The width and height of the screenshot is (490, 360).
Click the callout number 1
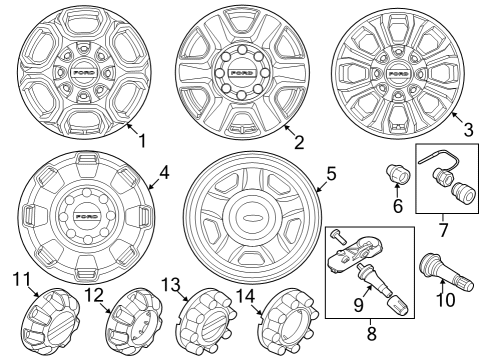(141, 141)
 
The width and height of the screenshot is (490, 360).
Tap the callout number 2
(299, 141)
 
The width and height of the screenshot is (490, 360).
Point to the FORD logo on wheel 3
(397, 74)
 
